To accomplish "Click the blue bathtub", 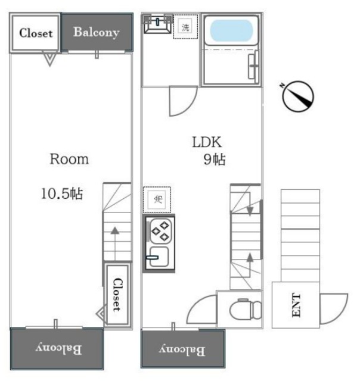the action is coord(231,30).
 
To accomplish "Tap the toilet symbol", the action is coord(246,309).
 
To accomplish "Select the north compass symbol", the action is coord(298,96).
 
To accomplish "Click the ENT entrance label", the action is coord(296,305).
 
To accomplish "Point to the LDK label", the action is coord(207,142).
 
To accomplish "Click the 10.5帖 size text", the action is coord(62,194).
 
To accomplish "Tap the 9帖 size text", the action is coord(215,160).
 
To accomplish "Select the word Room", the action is coord(69,160).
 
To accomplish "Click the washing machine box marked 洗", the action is coord(185,26).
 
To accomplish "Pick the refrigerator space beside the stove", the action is coord(157,200).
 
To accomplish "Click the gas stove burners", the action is coord(160,231).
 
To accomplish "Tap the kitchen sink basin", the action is coord(159,257).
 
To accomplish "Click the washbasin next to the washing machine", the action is coord(157,24).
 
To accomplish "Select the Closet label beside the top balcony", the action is coord(36,33).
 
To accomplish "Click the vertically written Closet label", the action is coord(117,295).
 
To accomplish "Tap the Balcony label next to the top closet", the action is coord(97,33).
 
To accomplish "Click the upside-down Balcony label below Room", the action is coord(58,348).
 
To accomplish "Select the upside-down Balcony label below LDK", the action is coord(182,350).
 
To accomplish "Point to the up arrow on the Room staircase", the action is coord(115,243).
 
